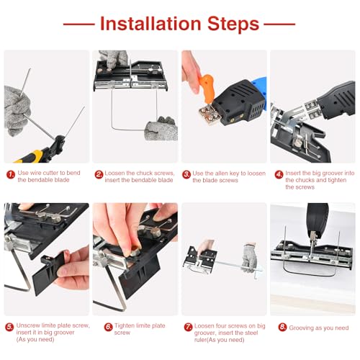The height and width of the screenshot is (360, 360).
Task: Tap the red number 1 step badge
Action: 10,174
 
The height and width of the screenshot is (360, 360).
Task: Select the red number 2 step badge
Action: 99,174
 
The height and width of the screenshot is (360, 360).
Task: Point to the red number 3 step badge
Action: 186,174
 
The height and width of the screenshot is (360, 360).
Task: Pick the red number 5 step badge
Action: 10,328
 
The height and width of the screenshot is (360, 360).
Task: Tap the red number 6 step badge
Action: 99,328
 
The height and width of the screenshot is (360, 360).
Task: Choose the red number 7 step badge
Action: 186,328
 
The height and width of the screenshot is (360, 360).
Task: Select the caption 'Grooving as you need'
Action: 314,328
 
